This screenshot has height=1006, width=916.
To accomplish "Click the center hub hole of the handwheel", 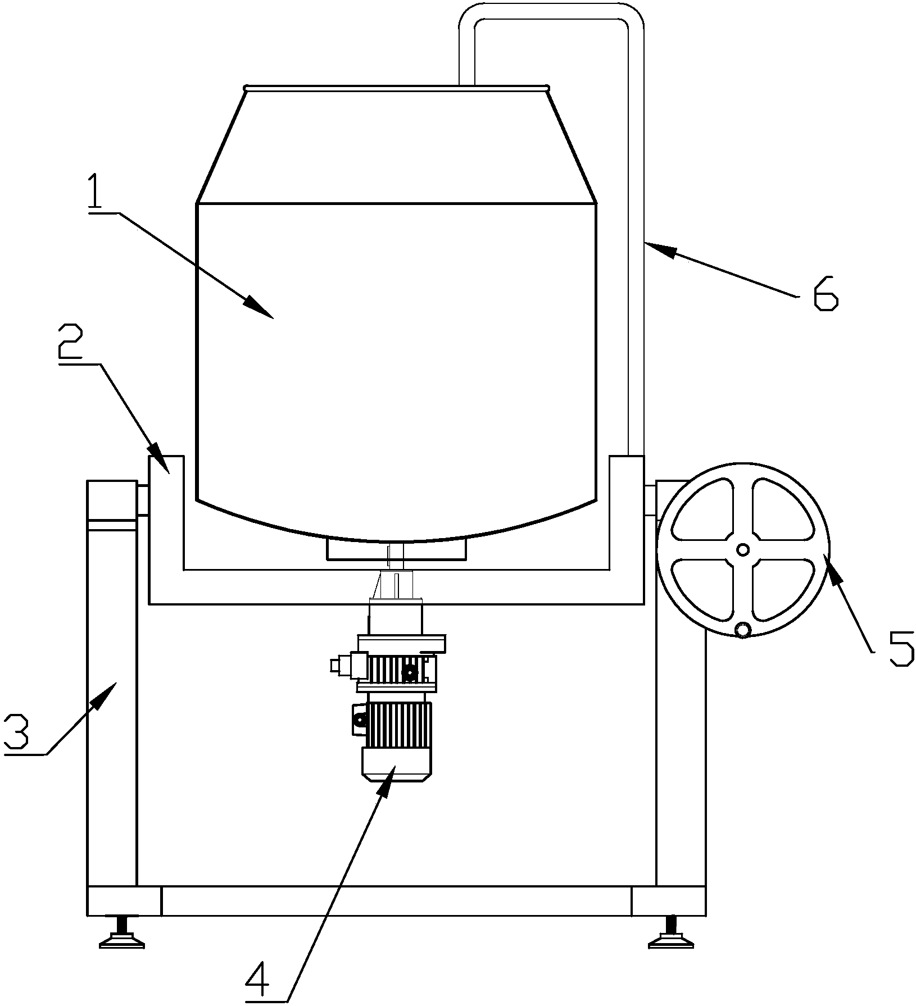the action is click(x=743, y=549).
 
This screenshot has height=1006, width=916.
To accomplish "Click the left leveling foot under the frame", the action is click(x=121, y=932).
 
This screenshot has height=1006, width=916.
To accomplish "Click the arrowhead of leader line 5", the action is click(x=832, y=568).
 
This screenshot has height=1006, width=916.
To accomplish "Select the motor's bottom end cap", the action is click(x=396, y=762).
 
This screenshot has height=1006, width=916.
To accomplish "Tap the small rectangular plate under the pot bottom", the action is click(x=396, y=549).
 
